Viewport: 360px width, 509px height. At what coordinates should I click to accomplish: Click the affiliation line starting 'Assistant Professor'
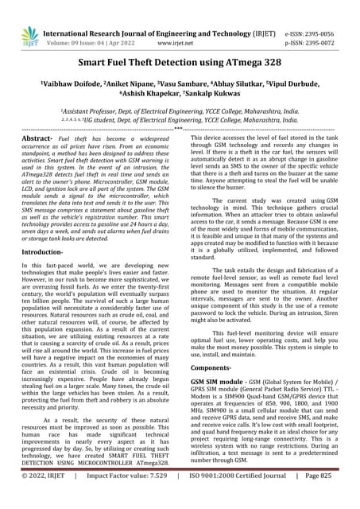(180, 112)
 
